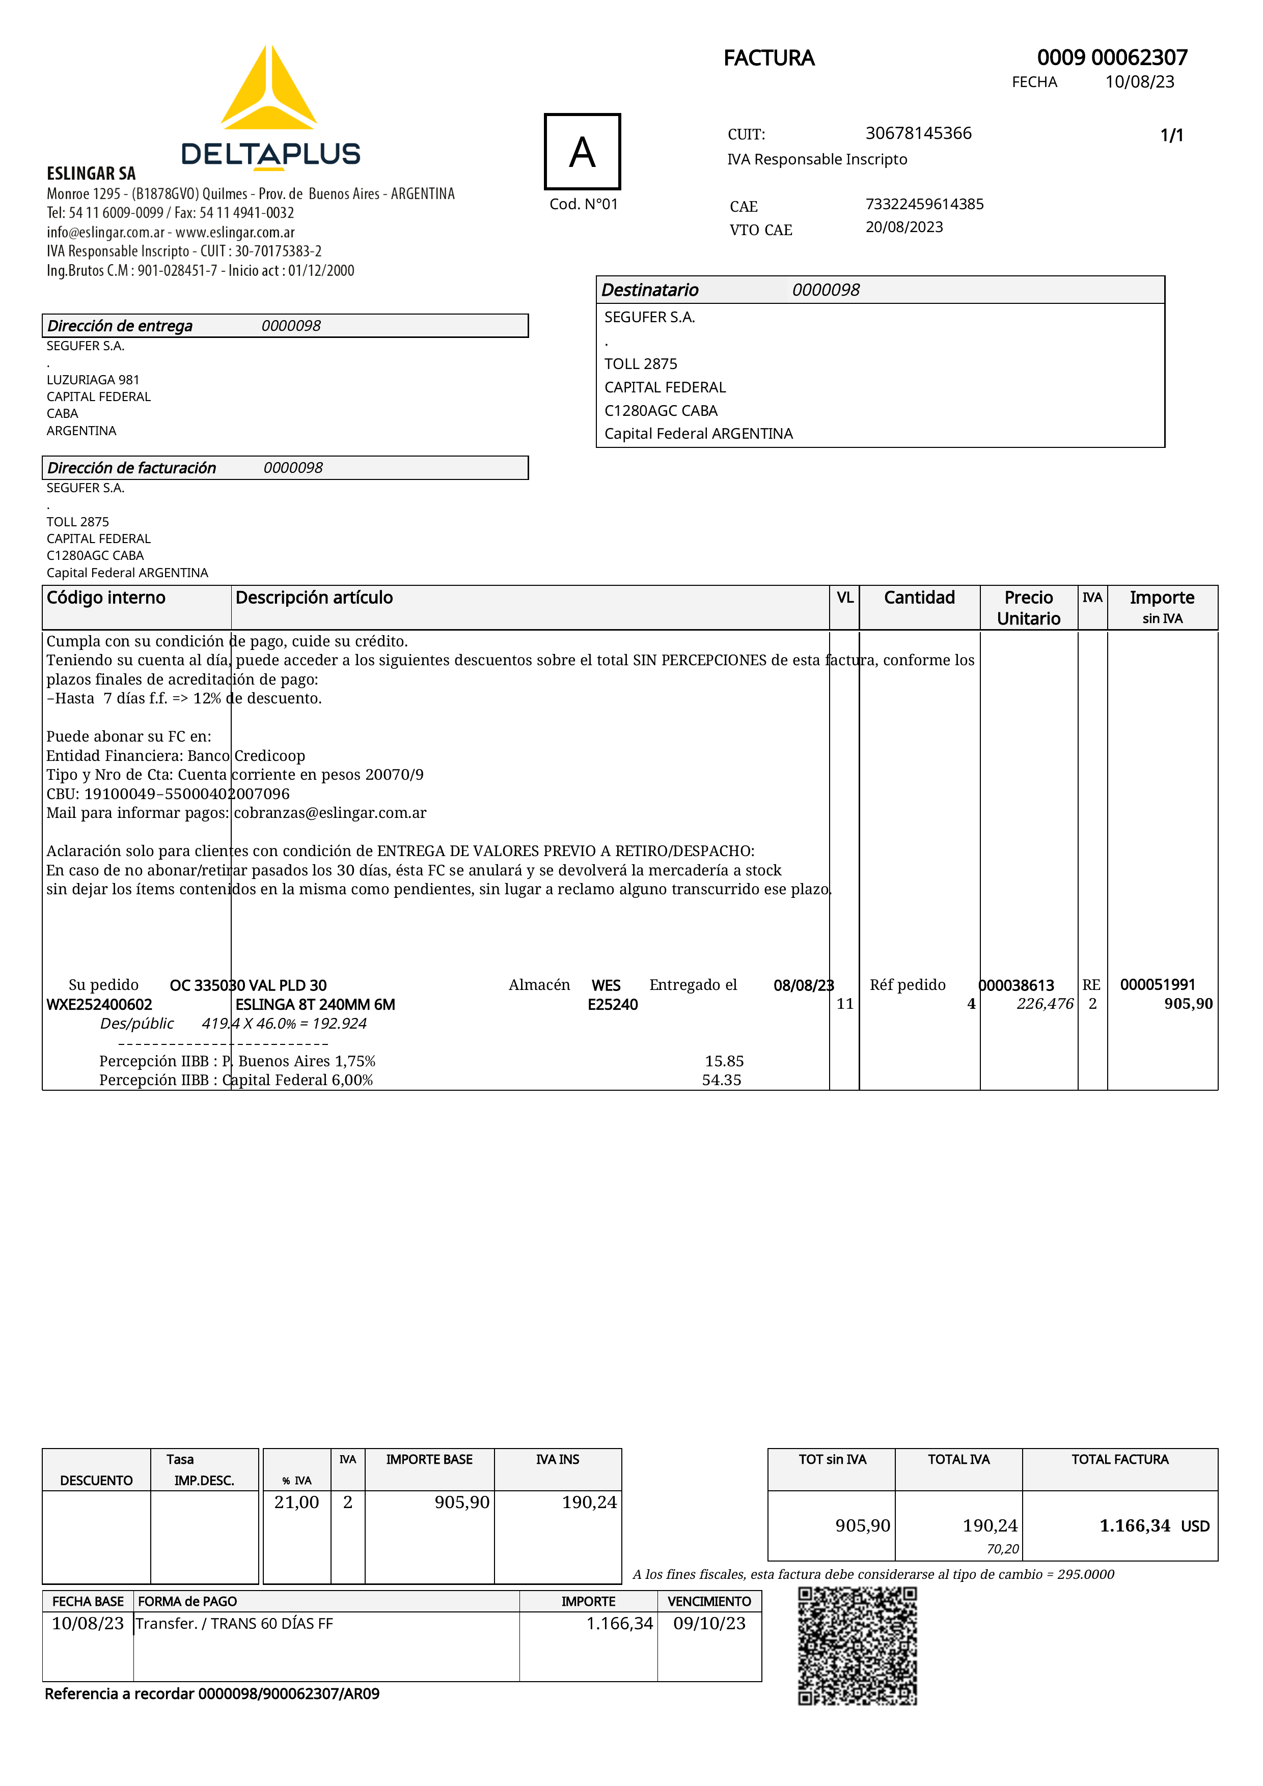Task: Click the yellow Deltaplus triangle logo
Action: (x=268, y=90)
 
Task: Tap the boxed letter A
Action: (x=582, y=152)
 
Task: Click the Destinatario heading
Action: (x=650, y=290)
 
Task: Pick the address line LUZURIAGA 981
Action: (x=93, y=380)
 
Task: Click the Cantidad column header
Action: (x=919, y=598)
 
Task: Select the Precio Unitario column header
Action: (x=1028, y=608)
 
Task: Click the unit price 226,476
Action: (x=1045, y=1004)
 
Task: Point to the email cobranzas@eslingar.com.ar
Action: (x=330, y=813)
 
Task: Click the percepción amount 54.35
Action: (x=721, y=1080)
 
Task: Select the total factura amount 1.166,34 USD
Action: (x=1154, y=1525)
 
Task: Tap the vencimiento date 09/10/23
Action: (x=709, y=1624)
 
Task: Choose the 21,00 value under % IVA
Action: (x=296, y=1502)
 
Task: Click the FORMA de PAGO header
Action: (x=187, y=1601)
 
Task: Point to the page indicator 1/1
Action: (x=1171, y=135)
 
